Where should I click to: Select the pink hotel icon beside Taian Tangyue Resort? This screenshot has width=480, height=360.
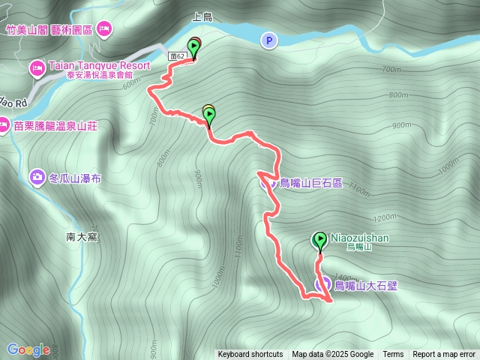coord(36,69)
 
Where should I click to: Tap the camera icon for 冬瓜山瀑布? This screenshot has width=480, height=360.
coord(36,177)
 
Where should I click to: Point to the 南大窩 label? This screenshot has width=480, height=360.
coord(82,237)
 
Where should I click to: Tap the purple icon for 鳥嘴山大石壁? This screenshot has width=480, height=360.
coord(322,284)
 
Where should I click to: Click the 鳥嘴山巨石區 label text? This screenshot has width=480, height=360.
coord(310,182)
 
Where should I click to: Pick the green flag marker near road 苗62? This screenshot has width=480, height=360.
coord(194,49)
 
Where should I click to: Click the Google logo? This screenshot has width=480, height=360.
coord(28,349)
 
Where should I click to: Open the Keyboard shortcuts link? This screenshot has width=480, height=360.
coord(250,355)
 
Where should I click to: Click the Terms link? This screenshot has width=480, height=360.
coord(393,355)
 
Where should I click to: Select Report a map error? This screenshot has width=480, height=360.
coord(444,355)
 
